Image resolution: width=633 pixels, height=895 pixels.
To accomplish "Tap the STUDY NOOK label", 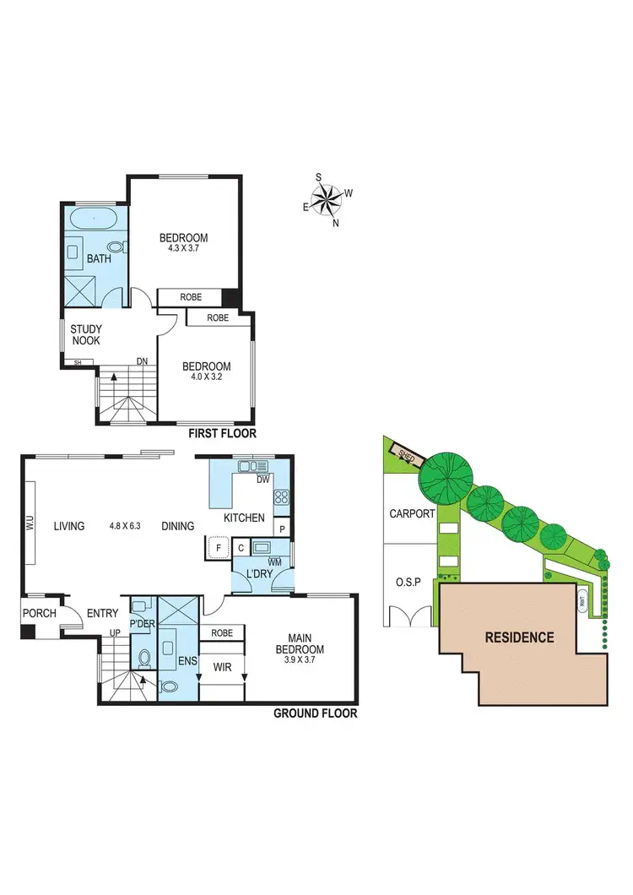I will pyautogui.click(x=85, y=334).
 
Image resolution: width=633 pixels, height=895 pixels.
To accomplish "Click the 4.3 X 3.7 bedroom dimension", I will pyautogui.click(x=183, y=249).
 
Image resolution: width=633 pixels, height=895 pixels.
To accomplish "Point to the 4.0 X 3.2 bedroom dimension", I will pyautogui.click(x=206, y=378).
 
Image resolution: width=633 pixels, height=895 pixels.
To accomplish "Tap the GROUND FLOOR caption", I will pyautogui.click(x=315, y=713).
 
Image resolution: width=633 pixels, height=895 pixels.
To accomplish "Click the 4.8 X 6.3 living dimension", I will pyautogui.click(x=125, y=526).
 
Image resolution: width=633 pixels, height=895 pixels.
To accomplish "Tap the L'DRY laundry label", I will pyautogui.click(x=257, y=575).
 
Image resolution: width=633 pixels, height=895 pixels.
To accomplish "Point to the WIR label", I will pyautogui.click(x=222, y=666).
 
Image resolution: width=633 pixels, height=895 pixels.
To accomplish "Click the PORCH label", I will pyautogui.click(x=39, y=613).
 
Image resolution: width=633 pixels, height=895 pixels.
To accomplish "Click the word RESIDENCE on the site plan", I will pyautogui.click(x=519, y=637).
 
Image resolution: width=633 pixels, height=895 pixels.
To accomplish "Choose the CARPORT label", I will pyautogui.click(x=411, y=513).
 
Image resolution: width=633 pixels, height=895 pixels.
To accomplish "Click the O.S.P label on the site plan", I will pyautogui.click(x=410, y=583).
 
